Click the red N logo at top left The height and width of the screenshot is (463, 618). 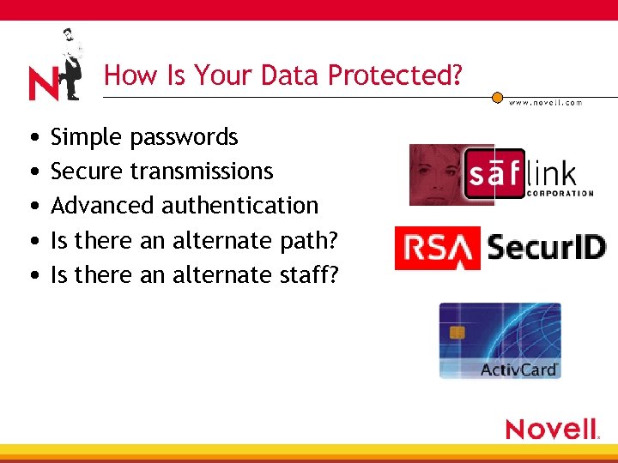coord(43,84)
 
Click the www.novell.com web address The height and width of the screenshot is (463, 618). coord(546,103)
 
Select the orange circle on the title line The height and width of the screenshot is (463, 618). coord(496,98)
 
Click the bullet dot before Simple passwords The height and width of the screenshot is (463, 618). coord(32,138)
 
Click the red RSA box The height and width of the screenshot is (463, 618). coord(437,248)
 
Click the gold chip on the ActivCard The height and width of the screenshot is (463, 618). coord(457,332)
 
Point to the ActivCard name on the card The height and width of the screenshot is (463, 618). coord(518,370)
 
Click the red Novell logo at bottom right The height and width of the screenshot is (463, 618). coord(552,429)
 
